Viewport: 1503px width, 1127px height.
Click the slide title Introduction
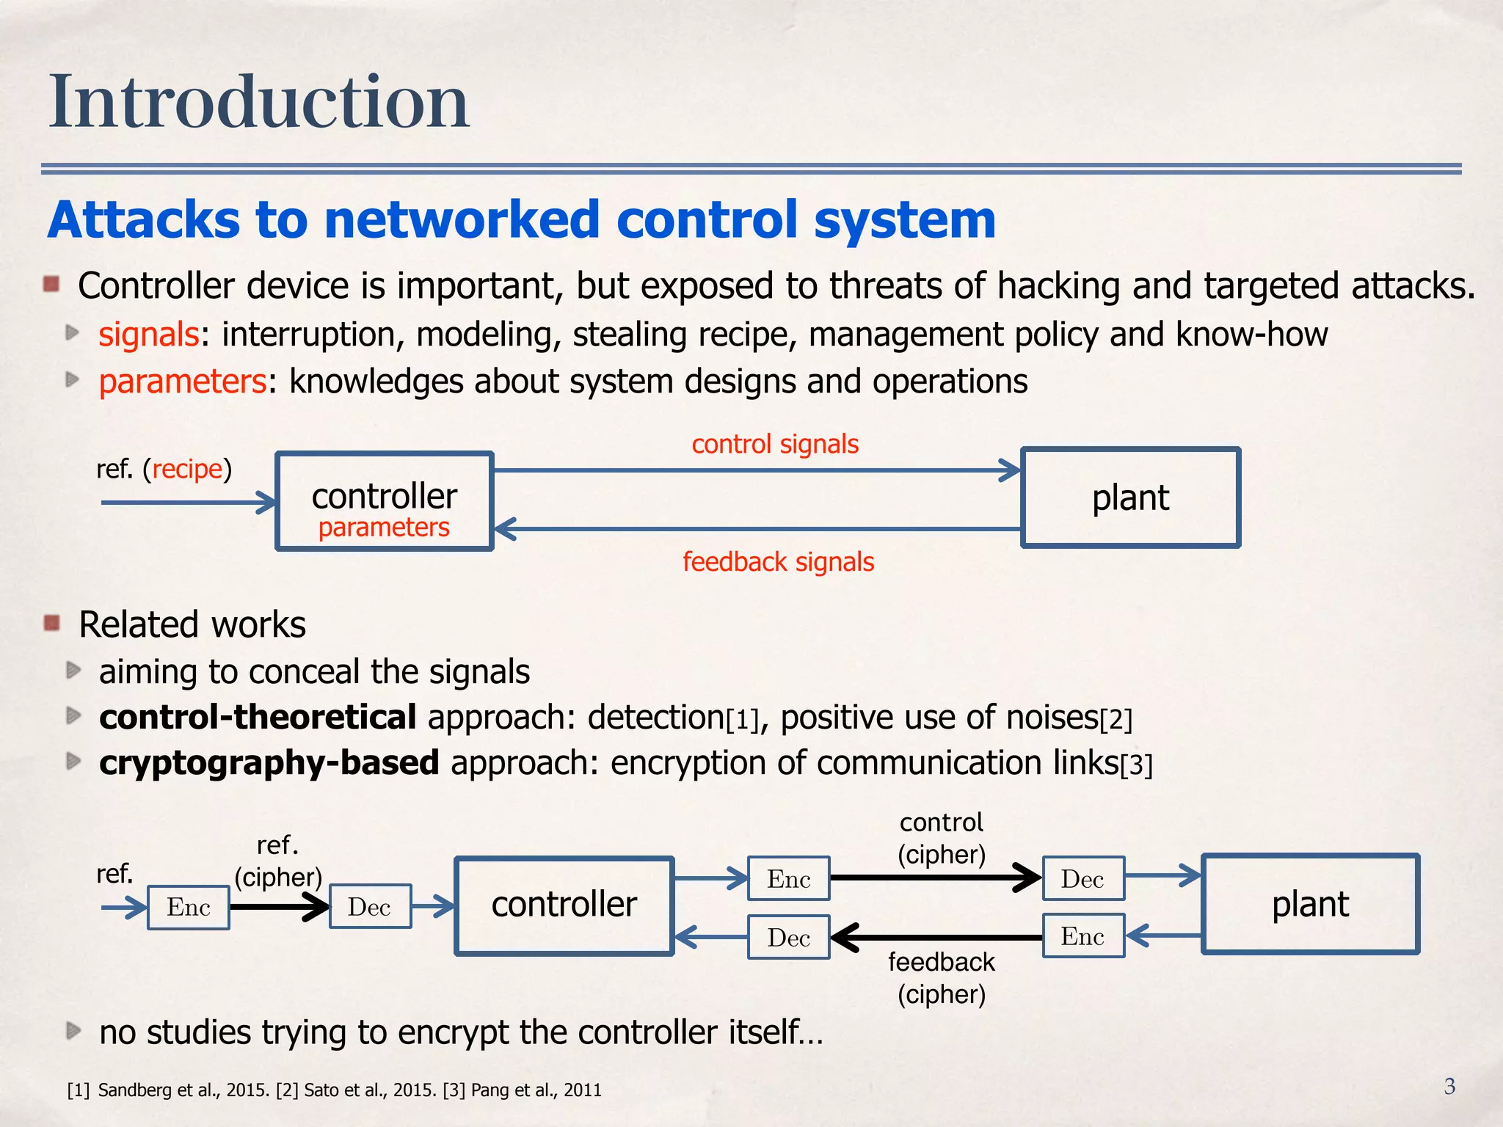point(258,103)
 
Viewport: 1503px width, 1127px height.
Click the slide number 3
point(1449,1086)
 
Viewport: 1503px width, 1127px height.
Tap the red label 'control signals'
point(775,445)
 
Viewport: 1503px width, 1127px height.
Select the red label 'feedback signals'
point(778,562)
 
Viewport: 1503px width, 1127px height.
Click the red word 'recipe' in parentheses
point(187,469)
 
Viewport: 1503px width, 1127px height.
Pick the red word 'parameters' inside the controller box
point(384,528)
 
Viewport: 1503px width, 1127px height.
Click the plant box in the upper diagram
point(1130,497)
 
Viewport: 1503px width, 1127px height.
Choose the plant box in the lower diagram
point(1310,904)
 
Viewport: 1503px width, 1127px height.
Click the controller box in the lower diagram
point(564,905)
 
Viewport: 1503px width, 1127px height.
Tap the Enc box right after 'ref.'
point(189,908)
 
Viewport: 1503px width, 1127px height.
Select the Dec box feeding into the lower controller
point(370,908)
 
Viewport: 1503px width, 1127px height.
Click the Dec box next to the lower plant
point(1083,879)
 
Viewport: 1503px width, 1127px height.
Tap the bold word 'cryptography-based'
point(269,763)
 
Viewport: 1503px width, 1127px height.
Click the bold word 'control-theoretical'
point(258,718)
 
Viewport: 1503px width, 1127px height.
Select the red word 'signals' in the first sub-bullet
point(149,335)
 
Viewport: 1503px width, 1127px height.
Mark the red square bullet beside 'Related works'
point(51,624)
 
